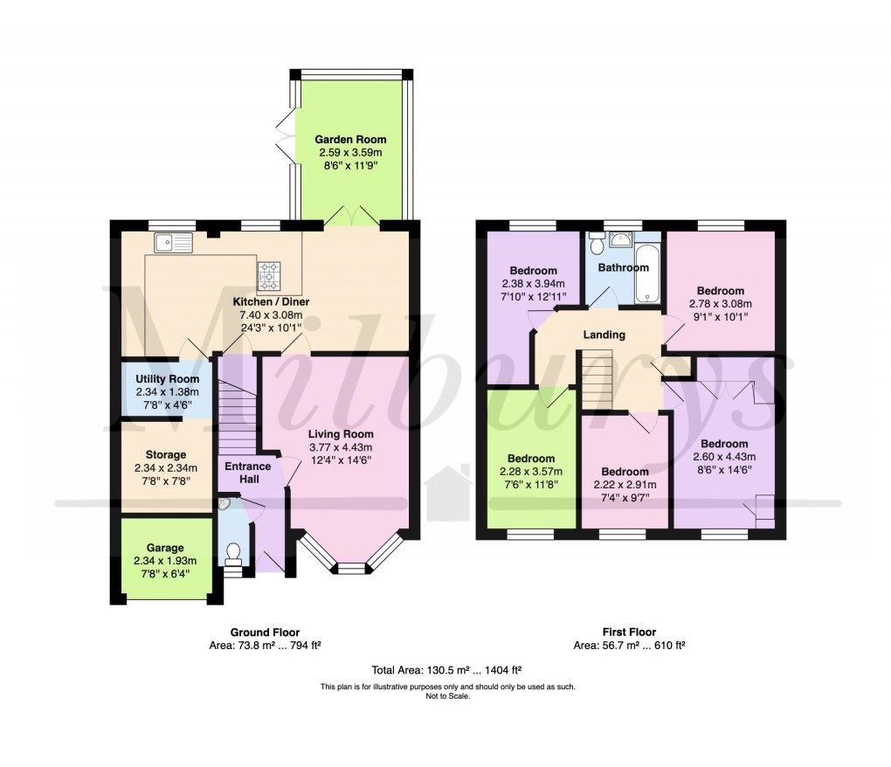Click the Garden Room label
point(350,140)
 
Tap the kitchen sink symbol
point(171,242)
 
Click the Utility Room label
point(167,379)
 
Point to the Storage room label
point(165,455)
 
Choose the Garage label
point(166,548)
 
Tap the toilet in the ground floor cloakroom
point(233,554)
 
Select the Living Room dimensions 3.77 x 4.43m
point(341,448)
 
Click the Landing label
point(604,335)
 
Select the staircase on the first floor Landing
point(598,376)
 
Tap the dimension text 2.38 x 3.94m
point(533,284)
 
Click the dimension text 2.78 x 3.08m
point(720,304)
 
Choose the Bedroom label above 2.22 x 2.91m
point(625,472)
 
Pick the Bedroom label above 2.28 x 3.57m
point(531,460)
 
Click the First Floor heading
point(629,632)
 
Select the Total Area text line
point(446,670)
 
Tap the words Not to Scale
point(447,696)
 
